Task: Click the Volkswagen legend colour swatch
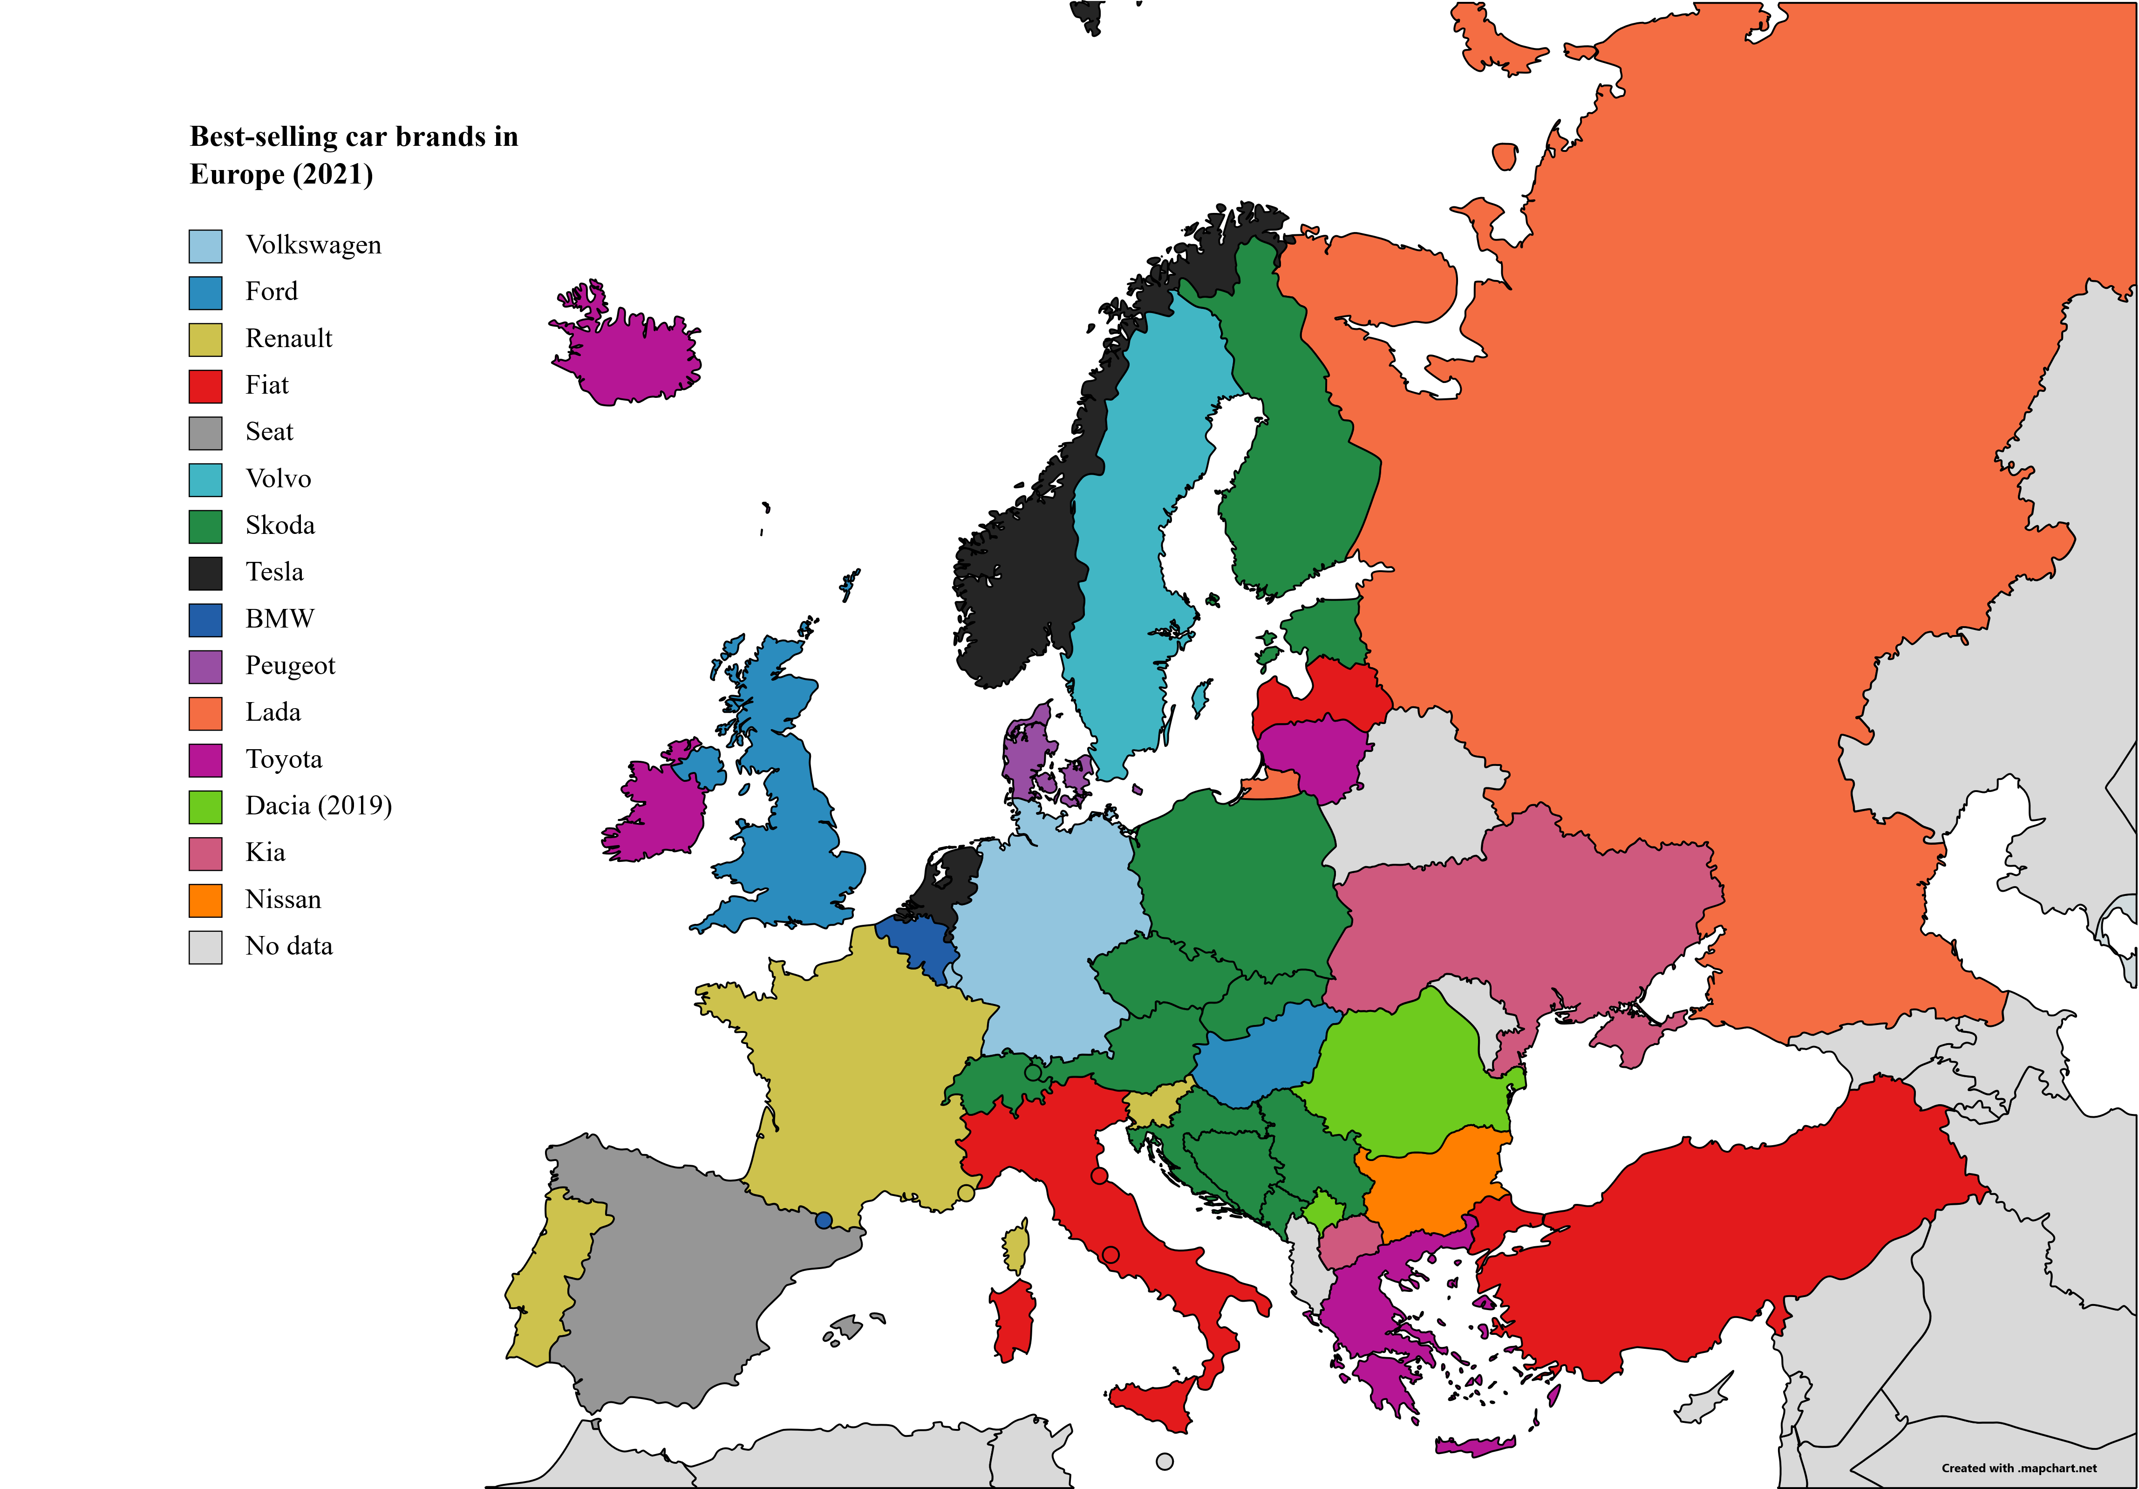click(x=205, y=246)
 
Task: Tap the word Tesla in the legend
click(x=274, y=572)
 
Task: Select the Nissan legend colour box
click(x=205, y=900)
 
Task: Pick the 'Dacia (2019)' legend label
click(x=318, y=806)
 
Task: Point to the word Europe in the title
click(x=237, y=175)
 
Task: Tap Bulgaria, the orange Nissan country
click(x=1430, y=1183)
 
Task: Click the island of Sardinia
click(x=1014, y=1318)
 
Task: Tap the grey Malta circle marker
click(x=1165, y=1461)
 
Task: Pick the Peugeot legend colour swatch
click(x=205, y=666)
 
